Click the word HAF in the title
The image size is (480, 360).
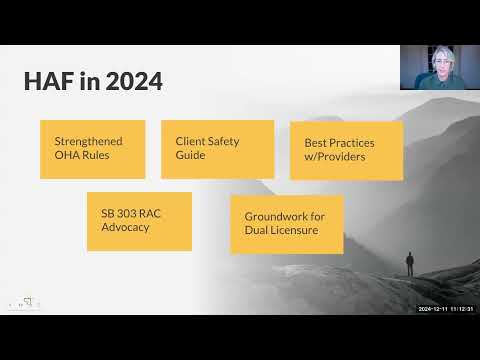[49, 81]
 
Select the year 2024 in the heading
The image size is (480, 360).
[131, 81]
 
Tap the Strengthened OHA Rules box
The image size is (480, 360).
[93, 149]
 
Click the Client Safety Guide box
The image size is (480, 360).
[217, 149]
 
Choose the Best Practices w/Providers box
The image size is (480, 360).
[346, 150]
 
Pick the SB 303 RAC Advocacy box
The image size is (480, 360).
[139, 221]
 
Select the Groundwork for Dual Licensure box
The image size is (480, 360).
[286, 224]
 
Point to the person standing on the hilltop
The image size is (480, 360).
[408, 264]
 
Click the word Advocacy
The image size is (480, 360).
[126, 228]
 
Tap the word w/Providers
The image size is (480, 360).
[338, 157]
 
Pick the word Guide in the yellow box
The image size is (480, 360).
[191, 156]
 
